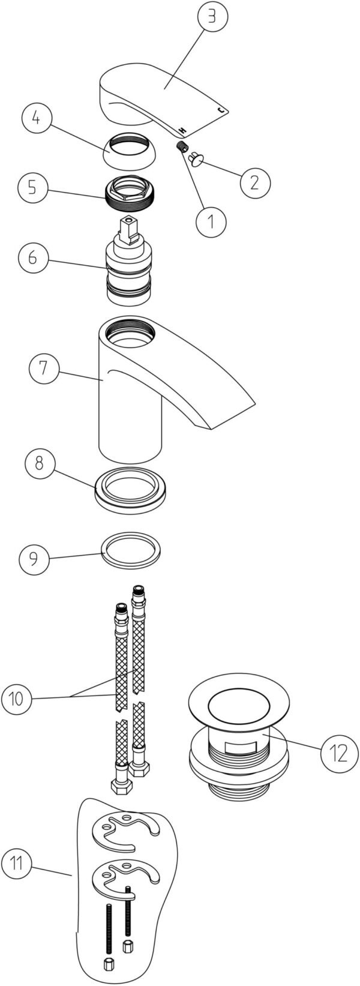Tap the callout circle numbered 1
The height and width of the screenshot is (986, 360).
pos(211,221)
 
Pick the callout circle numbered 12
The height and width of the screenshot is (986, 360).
pos(334,753)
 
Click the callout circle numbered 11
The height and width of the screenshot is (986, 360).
pos(17,865)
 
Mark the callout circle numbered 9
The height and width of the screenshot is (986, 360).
pos(34,559)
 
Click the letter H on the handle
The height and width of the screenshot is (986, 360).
pos(181,130)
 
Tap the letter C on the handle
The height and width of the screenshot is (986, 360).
pos(221,110)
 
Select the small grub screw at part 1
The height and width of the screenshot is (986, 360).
pos(184,148)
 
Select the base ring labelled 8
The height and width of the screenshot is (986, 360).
pos(131,490)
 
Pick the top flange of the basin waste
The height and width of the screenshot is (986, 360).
pos(239,705)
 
